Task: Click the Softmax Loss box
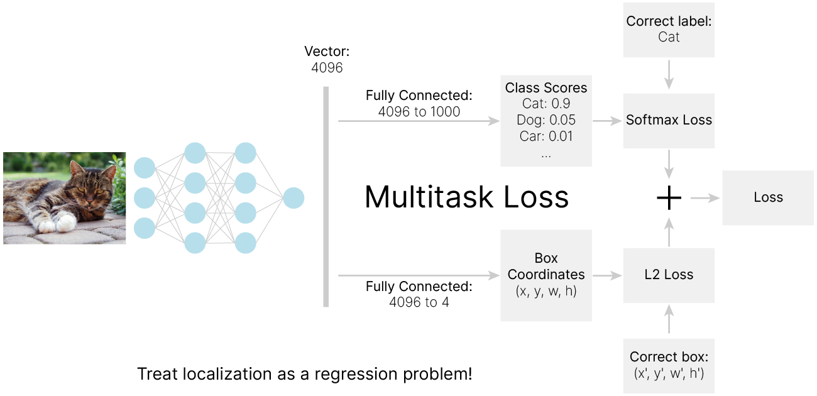tap(669, 120)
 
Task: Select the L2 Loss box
tap(669, 275)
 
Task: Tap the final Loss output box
tap(768, 197)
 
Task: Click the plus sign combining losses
tap(669, 198)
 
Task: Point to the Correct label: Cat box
tap(669, 29)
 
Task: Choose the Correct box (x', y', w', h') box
tap(669, 365)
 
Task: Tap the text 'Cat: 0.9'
tap(546, 104)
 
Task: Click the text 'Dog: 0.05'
tap(546, 120)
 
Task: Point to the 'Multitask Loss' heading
tap(466, 197)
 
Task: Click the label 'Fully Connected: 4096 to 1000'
tap(419, 104)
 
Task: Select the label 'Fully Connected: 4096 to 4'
tap(419, 295)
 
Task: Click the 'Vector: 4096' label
tap(326, 60)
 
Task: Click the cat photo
tap(65, 197)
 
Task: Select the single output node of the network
tap(293, 198)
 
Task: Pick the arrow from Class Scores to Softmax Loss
tap(607, 120)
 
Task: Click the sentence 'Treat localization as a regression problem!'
tap(304, 375)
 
